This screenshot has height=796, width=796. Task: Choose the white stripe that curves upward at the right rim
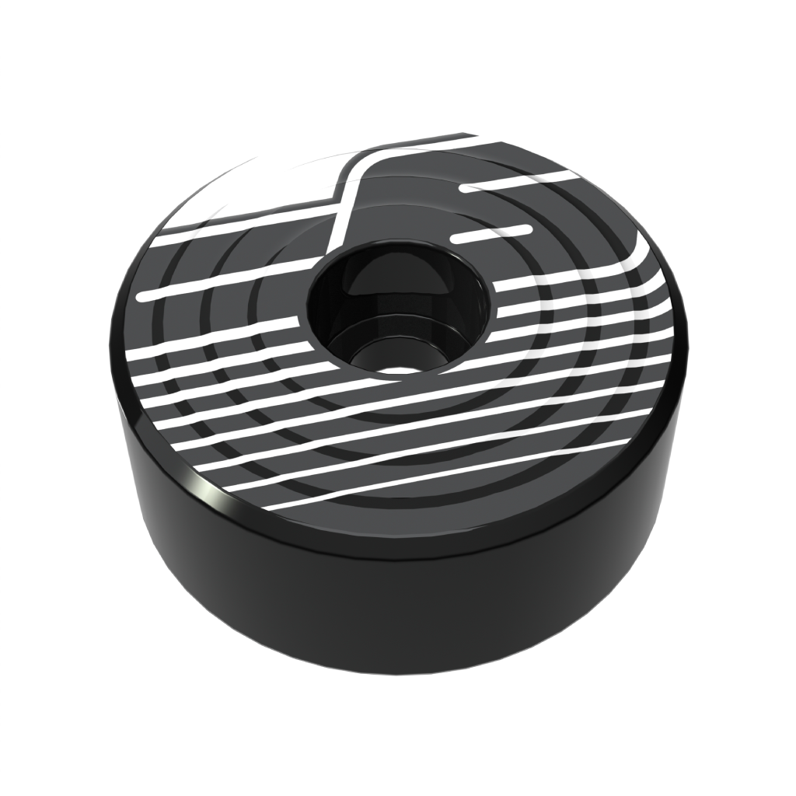tap(622, 264)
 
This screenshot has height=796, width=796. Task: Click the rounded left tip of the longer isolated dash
tap(465, 188)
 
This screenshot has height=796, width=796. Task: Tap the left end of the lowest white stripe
tap(268, 506)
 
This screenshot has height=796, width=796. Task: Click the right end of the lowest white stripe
tap(626, 442)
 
